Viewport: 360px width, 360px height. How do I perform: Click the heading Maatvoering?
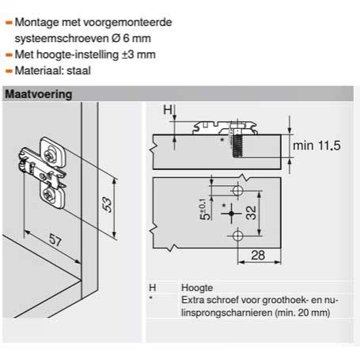[x=40, y=95]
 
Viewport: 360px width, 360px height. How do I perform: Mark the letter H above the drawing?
[x=167, y=111]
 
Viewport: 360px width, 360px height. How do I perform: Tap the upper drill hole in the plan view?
[x=237, y=192]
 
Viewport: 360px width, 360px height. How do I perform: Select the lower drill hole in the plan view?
[x=237, y=235]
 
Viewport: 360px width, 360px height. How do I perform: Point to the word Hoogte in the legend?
[x=198, y=290]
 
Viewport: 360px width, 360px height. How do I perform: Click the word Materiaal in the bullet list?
[x=40, y=70]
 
